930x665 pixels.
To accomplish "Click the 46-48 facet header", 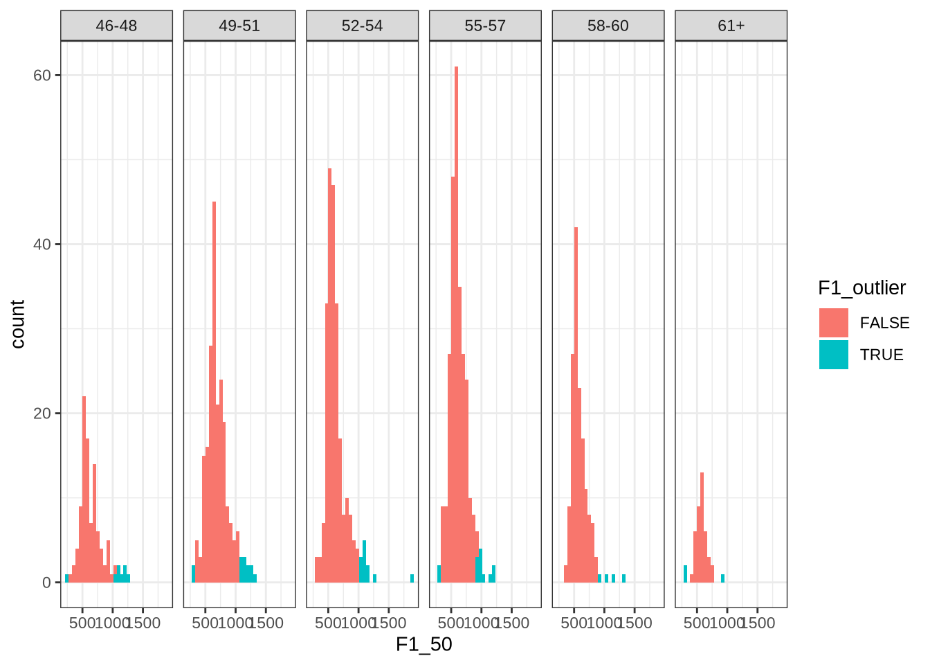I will click(x=116, y=26).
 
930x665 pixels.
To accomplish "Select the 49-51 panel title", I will click(x=239, y=26).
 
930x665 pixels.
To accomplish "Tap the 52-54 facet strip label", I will click(x=362, y=26).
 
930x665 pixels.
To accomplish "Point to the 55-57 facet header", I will click(x=485, y=26).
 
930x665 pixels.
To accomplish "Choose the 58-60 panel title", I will click(x=608, y=26).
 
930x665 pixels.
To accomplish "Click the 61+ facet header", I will click(x=731, y=26).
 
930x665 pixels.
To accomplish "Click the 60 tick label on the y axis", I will click(x=42, y=75).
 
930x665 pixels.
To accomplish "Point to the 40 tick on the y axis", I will click(x=42, y=244).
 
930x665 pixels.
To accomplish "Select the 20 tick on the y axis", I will click(x=42, y=413).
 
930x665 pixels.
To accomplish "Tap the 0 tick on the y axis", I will click(x=46, y=583).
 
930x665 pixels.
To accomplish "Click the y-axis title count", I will click(x=17, y=324).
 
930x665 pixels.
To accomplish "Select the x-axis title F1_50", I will click(x=423, y=645).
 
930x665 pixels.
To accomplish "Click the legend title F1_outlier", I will click(x=861, y=287).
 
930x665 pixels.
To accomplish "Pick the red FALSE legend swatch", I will click(x=833, y=323).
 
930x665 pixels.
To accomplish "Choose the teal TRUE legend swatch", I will click(x=833, y=355).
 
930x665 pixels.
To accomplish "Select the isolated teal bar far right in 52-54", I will click(x=412, y=578).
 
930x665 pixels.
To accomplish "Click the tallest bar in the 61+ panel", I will click(x=702, y=526).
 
